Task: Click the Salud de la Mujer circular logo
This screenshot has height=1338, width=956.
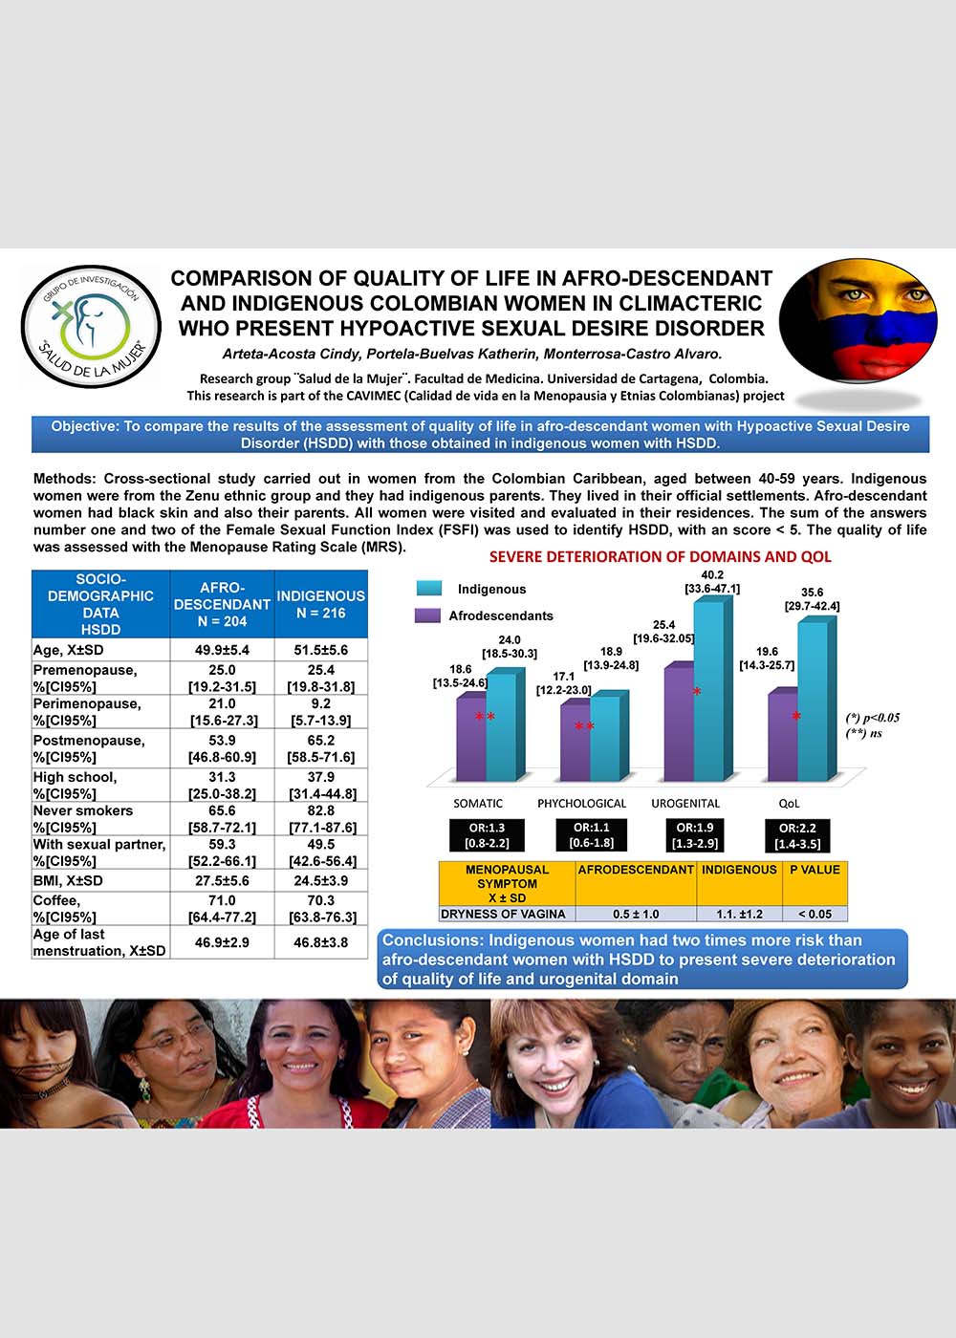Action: click(x=92, y=326)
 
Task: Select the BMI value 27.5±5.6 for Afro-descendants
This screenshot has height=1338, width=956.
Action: click(x=222, y=880)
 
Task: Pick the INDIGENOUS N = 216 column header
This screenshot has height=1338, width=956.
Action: click(x=321, y=604)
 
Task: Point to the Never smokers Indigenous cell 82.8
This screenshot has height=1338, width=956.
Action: click(x=322, y=810)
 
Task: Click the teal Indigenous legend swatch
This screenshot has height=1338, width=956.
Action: click(x=428, y=589)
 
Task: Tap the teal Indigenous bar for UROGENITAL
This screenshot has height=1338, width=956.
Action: click(x=708, y=688)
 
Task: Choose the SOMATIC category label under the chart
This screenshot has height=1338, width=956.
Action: click(x=478, y=804)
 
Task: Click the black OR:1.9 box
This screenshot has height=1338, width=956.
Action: click(x=694, y=835)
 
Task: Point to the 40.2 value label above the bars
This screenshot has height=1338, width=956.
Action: click(x=711, y=574)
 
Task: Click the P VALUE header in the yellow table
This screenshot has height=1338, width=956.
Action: click(x=815, y=870)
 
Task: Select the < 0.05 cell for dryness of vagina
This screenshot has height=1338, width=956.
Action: click(x=815, y=915)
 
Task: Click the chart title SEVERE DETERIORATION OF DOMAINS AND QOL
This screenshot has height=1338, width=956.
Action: click(x=660, y=557)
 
